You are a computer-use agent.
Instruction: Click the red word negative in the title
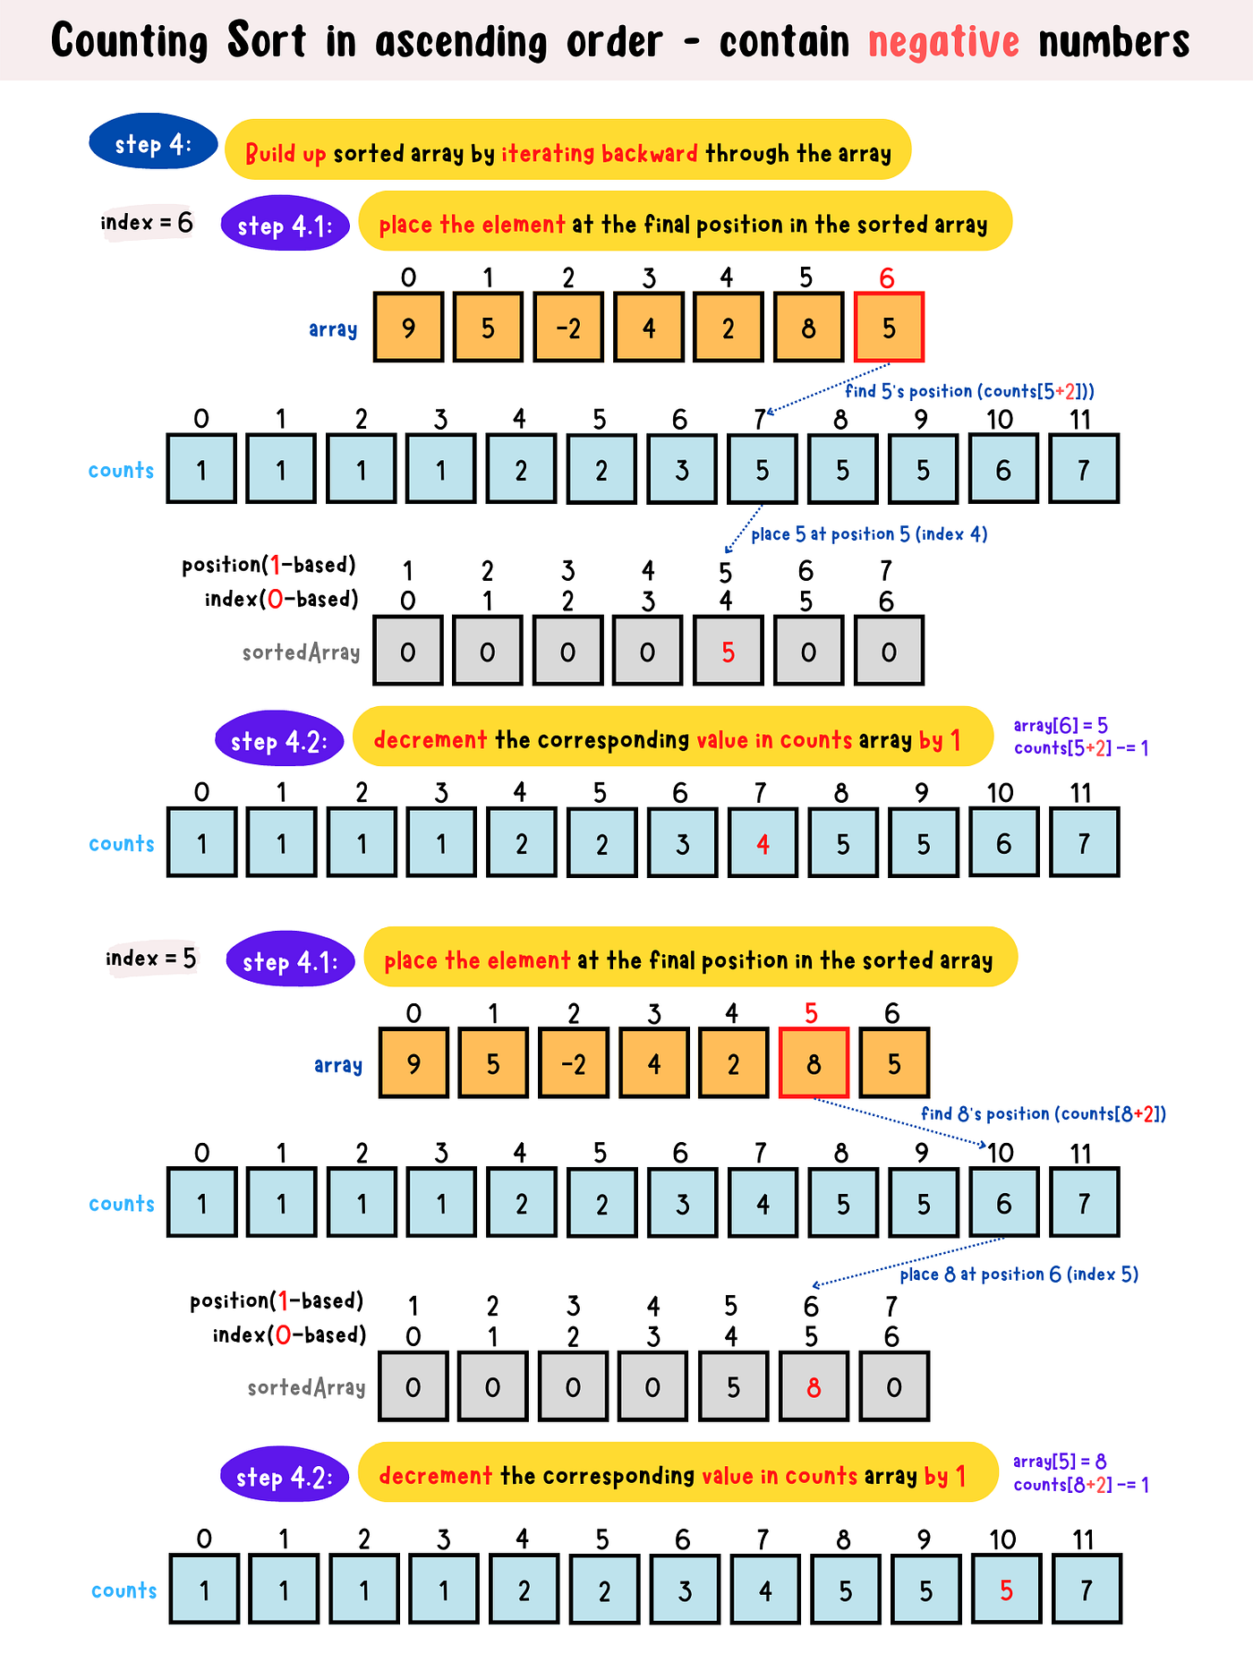[x=943, y=42]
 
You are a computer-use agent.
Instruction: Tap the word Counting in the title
[x=129, y=42]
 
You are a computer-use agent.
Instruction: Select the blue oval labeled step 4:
[x=153, y=143]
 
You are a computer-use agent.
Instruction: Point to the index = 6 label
[x=147, y=222]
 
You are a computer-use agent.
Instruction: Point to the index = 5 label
[x=151, y=959]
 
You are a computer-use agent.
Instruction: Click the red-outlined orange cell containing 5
[x=889, y=328]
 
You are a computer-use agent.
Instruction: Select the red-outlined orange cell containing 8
[x=814, y=1063]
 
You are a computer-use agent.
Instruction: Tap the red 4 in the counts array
[x=763, y=844]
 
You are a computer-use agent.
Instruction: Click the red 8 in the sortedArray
[x=814, y=1387]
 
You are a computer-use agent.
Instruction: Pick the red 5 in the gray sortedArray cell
[x=729, y=652]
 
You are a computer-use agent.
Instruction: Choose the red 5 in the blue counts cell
[x=1006, y=1590]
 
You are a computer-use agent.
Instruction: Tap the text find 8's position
[x=984, y=1114]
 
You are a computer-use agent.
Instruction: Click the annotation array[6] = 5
[x=1061, y=726]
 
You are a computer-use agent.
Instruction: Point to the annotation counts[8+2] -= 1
[x=1081, y=1485]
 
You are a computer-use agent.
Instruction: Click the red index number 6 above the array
[x=887, y=278]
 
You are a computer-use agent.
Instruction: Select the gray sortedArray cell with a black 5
[x=733, y=1387]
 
